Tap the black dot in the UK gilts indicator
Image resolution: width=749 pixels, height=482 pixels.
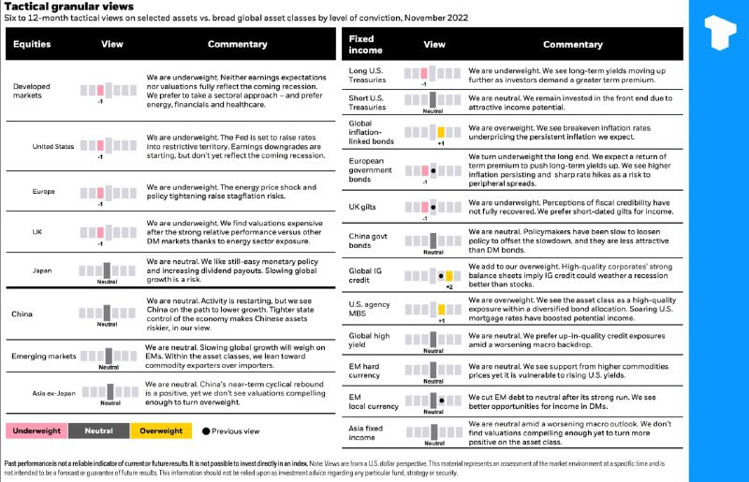(x=433, y=206)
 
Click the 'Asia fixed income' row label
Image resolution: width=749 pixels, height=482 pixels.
(x=365, y=432)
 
